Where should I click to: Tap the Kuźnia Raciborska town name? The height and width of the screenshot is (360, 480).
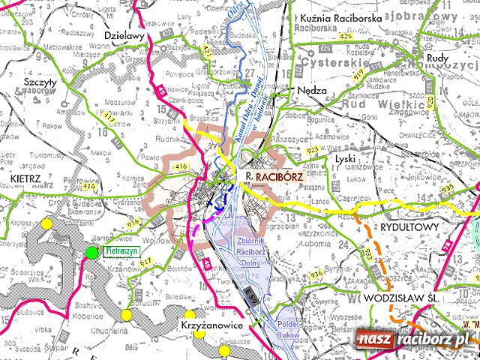point(340,16)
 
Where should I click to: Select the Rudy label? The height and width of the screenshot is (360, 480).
point(436,57)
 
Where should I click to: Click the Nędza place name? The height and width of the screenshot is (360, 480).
point(311,88)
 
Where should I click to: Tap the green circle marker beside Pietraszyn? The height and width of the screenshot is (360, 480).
point(91,253)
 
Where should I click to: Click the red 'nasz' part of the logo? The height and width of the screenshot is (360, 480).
point(373,340)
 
